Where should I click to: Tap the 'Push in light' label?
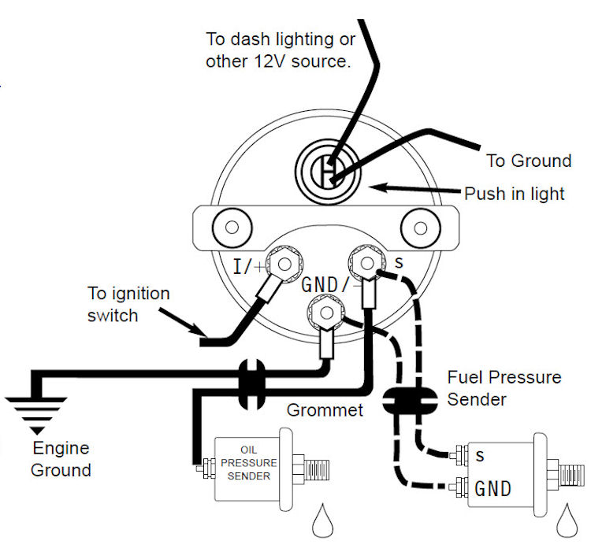(x=514, y=194)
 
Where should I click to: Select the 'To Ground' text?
(x=529, y=161)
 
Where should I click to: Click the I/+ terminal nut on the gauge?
(x=284, y=264)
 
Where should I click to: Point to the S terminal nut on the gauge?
(x=367, y=263)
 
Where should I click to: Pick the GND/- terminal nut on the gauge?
(x=326, y=313)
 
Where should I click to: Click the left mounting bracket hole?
(x=232, y=228)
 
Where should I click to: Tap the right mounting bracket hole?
(x=420, y=228)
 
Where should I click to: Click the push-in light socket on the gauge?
(x=328, y=172)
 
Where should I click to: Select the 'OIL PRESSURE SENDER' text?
(x=248, y=463)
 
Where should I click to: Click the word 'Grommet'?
(x=325, y=410)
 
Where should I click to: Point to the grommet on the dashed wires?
(x=410, y=401)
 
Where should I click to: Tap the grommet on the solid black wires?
(x=252, y=384)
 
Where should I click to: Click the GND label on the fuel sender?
(x=492, y=489)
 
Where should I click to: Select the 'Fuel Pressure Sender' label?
(x=504, y=388)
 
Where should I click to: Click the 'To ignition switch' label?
(x=128, y=305)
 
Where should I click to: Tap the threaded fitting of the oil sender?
(x=317, y=470)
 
